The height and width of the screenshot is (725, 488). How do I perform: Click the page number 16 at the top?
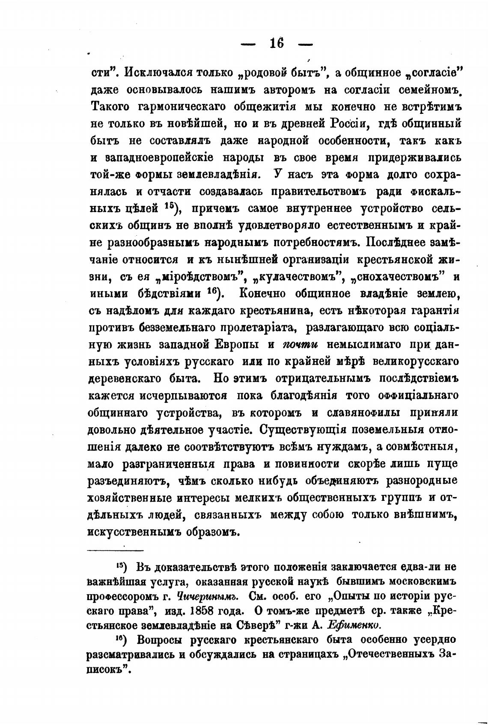point(277,44)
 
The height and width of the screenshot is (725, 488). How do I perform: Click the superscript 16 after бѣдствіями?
point(213,291)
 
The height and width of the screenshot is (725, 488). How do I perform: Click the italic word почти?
point(299,345)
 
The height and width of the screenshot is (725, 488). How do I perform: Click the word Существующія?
point(315,430)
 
